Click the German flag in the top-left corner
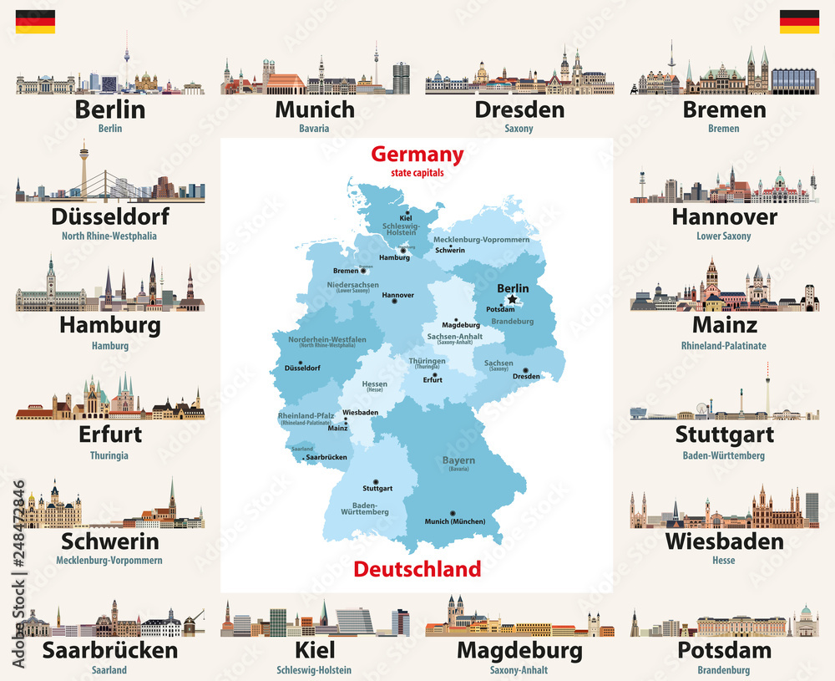(35, 22)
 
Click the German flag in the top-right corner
(799, 22)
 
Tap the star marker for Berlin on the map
(512, 299)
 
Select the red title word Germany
(417, 155)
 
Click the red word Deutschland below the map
(417, 569)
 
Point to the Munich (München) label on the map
(454, 521)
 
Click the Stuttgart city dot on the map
(376, 481)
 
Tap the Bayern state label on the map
(458, 460)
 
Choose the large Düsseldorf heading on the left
(110, 216)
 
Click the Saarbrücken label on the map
(326, 457)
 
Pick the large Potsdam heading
(724, 650)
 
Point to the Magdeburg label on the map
(461, 324)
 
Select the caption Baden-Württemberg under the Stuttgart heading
(723, 455)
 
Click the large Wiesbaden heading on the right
(724, 541)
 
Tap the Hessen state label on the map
(374, 385)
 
